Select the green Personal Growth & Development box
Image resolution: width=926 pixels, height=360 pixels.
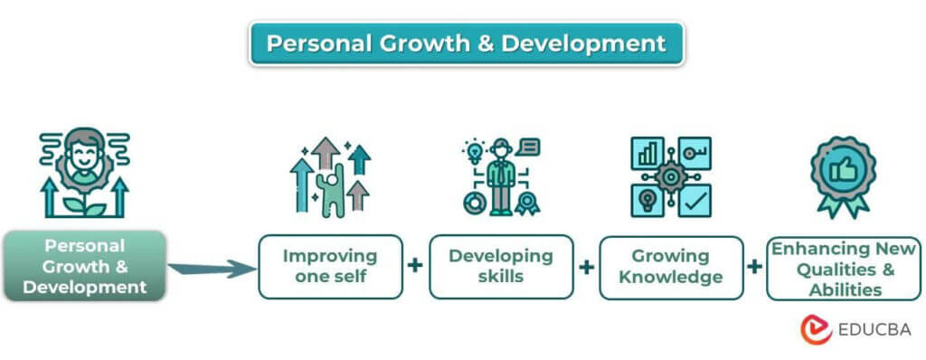tap(84, 266)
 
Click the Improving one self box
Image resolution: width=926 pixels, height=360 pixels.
tap(330, 267)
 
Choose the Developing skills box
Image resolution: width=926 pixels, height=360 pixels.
tap(500, 267)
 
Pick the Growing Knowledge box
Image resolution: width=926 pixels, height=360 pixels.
tap(671, 267)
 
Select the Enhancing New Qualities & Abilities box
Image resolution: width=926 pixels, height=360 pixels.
tap(844, 268)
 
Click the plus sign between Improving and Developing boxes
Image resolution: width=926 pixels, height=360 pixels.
tap(415, 266)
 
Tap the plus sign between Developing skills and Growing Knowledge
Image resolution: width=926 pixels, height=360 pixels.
tap(586, 267)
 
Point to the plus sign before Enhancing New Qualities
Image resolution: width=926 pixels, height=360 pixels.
tap(755, 267)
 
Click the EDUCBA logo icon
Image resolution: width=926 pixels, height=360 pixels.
tap(816, 329)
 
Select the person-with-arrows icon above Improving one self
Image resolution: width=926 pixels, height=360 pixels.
tap(330, 176)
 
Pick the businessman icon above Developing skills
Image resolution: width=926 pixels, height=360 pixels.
tap(500, 176)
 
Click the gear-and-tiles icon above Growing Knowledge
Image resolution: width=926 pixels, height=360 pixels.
tap(670, 176)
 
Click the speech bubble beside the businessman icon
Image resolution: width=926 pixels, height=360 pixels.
tap(529, 146)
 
